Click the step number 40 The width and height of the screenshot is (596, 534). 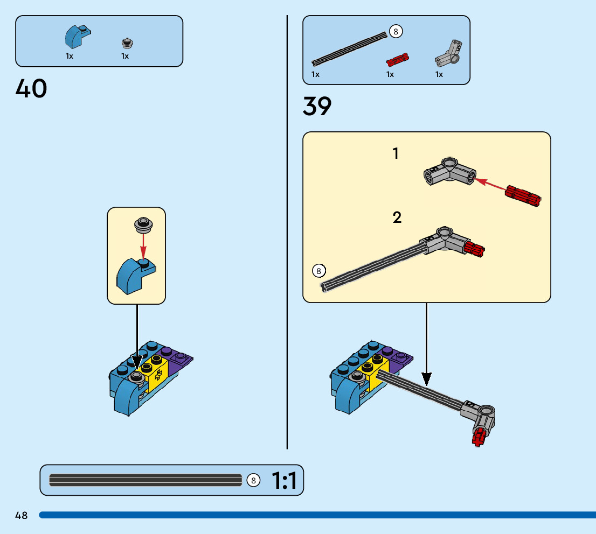coord(31,89)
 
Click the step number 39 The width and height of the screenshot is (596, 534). coord(317,107)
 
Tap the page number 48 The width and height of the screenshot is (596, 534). coord(22,516)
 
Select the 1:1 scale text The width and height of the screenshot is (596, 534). coord(284,481)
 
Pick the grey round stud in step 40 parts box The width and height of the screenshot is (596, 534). coord(127,43)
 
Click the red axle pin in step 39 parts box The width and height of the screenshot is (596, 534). coord(398,58)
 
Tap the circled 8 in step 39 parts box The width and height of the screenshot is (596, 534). coord(396,32)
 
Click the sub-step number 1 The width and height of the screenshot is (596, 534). coord(396,154)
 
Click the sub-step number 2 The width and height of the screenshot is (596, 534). coord(397,218)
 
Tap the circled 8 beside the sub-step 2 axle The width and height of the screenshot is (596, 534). coord(318,271)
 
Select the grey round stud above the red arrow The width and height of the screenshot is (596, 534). coord(142,223)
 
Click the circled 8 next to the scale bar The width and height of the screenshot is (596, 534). coord(253,480)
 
